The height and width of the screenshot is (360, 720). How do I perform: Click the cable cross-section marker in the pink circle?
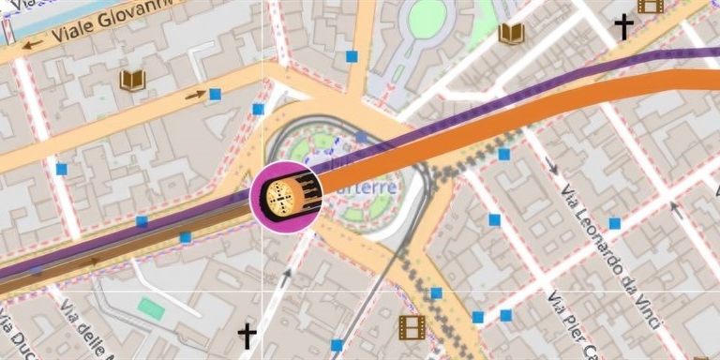[287, 195]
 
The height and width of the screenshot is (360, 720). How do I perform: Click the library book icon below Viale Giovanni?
[132, 80]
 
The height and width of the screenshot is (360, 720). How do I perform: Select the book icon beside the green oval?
[511, 35]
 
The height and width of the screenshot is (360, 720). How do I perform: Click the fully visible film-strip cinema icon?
[412, 326]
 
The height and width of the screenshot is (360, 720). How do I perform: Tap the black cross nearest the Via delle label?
[247, 335]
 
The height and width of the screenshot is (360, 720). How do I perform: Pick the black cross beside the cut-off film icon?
[623, 26]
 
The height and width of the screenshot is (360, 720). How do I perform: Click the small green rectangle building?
[151, 307]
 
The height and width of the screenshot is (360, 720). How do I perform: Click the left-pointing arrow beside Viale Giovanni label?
[34, 43]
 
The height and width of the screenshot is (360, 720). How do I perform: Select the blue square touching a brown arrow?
[215, 94]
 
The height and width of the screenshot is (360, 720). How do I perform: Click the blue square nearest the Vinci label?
[615, 223]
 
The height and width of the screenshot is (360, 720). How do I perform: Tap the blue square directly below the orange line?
[503, 154]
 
